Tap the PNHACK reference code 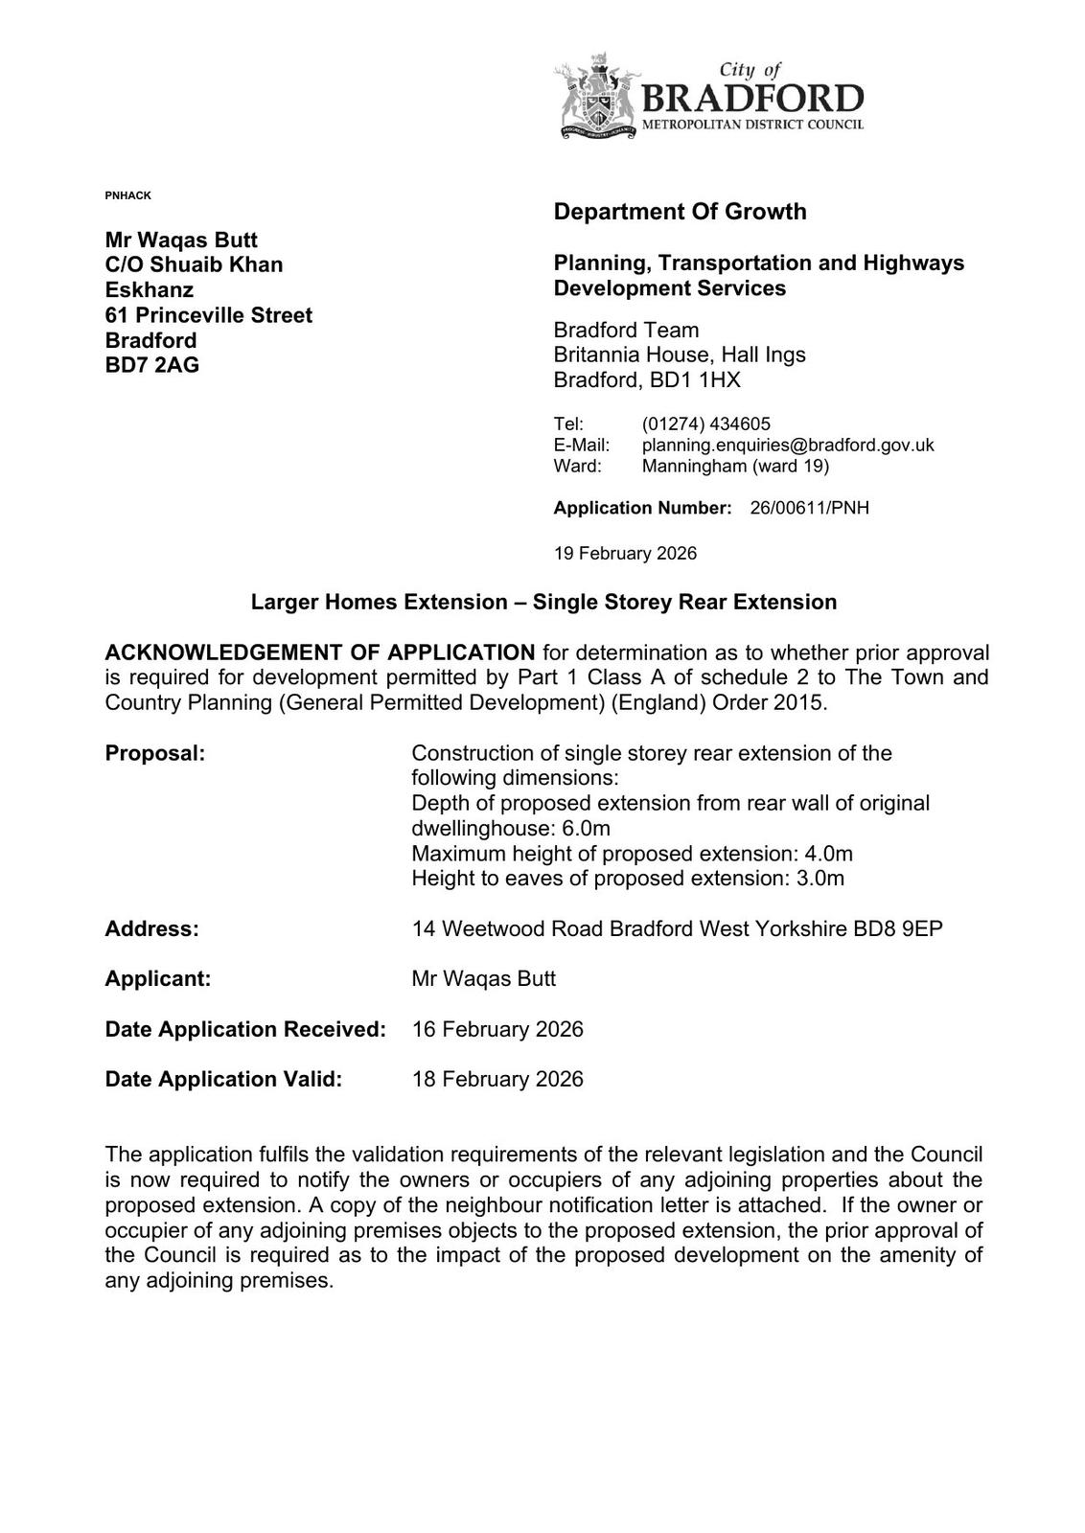(127, 195)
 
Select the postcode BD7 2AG (152, 365)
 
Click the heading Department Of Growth (680, 212)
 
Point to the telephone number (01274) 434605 (705, 423)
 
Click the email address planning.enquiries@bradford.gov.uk (787, 445)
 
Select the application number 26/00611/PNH (809, 508)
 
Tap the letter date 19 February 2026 (625, 554)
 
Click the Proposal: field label (155, 753)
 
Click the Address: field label (152, 928)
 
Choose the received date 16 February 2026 (496, 1029)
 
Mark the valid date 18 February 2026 (496, 1079)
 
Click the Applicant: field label (158, 978)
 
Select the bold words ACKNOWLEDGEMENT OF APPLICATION (320, 652)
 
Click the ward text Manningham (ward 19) (735, 466)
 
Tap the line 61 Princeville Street (208, 315)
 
